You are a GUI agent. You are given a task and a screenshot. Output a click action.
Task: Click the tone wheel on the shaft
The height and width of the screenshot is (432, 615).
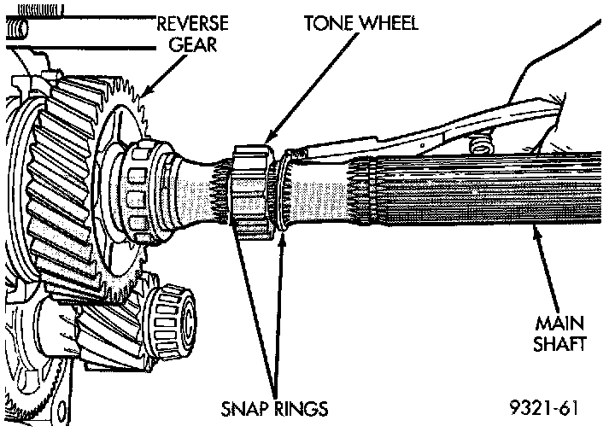coord(253,193)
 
